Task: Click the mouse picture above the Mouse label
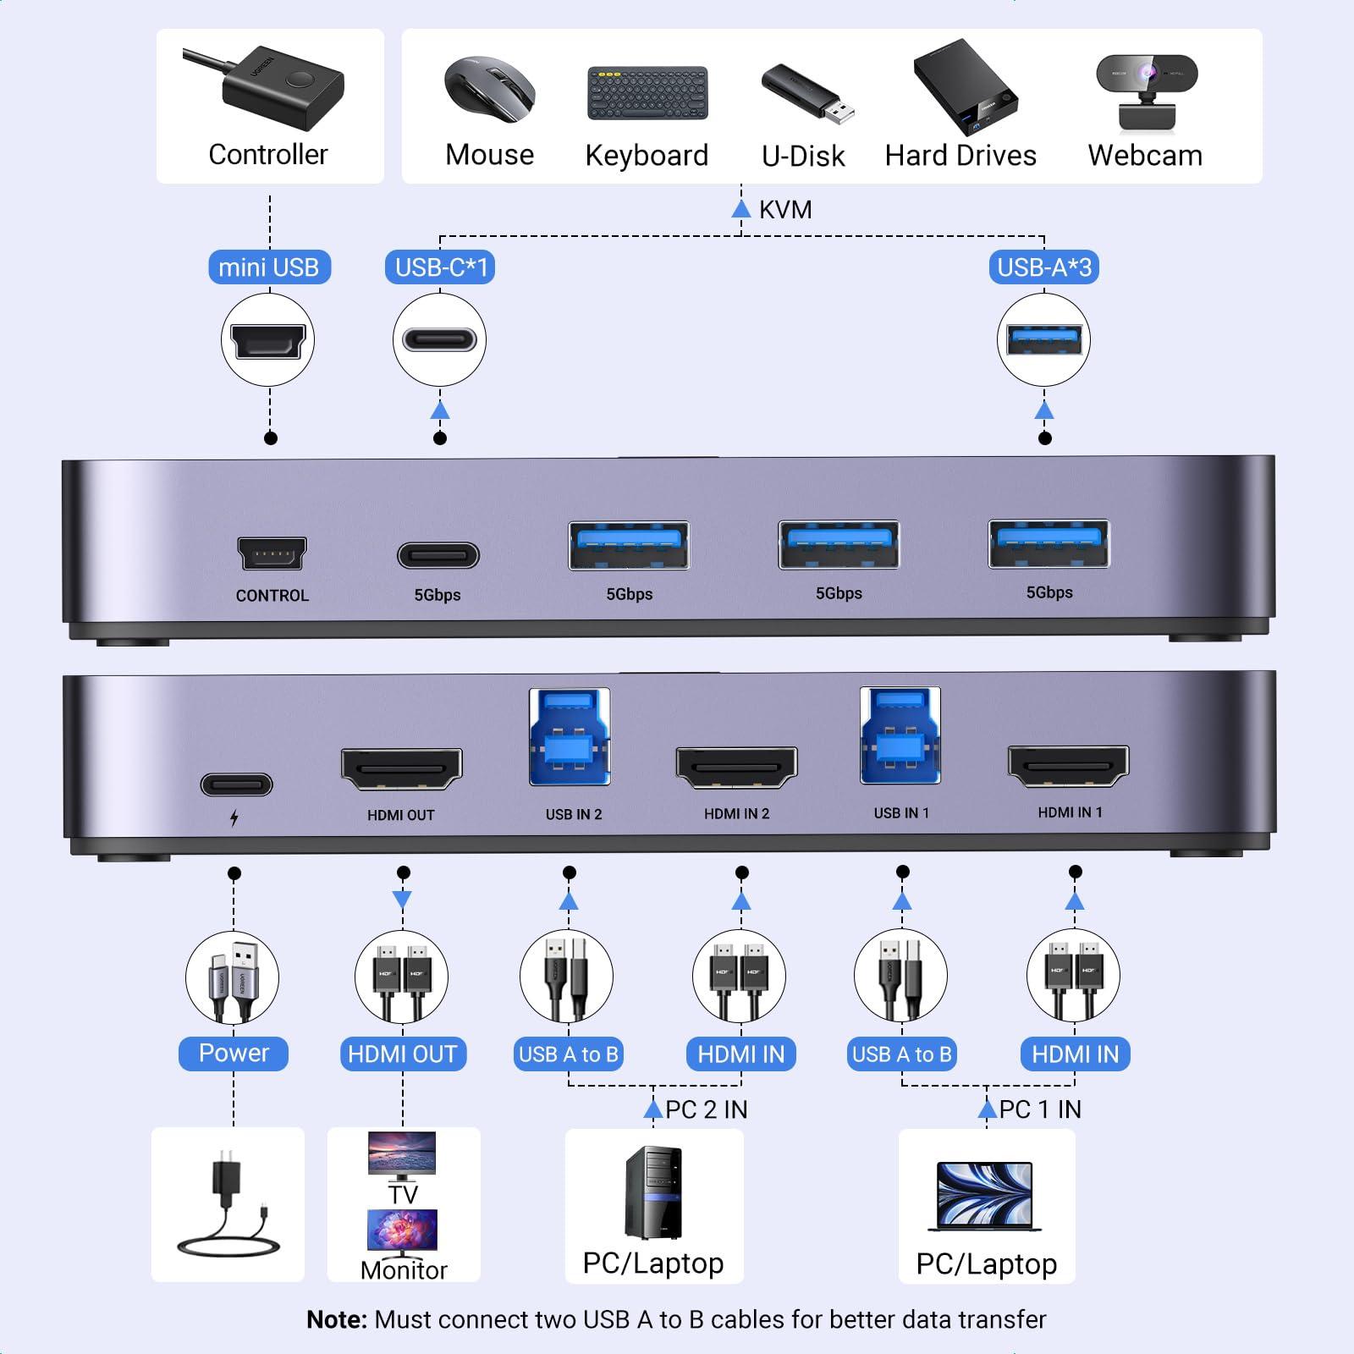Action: tap(490, 89)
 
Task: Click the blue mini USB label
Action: tap(269, 267)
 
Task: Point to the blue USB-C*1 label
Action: tap(441, 267)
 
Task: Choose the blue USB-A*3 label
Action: tap(1044, 267)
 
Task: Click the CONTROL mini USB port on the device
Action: tap(272, 553)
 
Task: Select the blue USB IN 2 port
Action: tap(570, 736)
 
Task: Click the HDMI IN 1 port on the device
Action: tap(1068, 767)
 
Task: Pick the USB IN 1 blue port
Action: tap(900, 735)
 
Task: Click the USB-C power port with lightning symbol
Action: tap(236, 784)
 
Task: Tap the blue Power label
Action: tap(234, 1054)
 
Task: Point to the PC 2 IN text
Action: tap(707, 1109)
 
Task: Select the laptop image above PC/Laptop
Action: tap(985, 1196)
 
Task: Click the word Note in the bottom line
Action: tap(336, 1319)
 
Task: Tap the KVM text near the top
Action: tap(785, 209)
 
